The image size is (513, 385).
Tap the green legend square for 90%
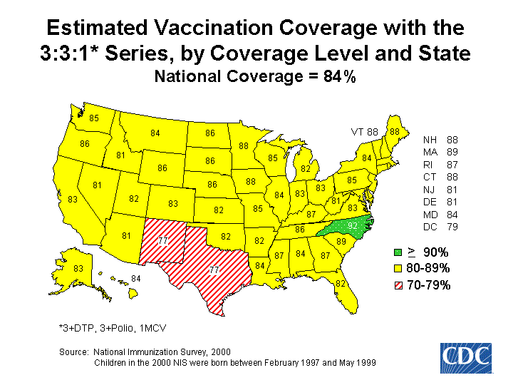[x=399, y=252]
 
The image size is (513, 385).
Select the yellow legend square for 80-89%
[x=399, y=269]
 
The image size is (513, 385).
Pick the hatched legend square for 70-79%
[x=399, y=285]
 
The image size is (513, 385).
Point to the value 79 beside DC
[x=452, y=227]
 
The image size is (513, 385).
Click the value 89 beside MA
[x=452, y=152]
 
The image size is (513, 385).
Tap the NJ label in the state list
[x=430, y=190]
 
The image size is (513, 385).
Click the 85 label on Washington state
[x=93, y=118]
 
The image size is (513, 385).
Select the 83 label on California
[x=73, y=200]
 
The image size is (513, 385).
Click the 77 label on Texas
[x=214, y=270]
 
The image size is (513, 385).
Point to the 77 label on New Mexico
[x=162, y=241]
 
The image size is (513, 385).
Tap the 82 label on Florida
[x=341, y=284]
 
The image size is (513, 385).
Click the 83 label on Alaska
[x=78, y=268]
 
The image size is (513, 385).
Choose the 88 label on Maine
[x=394, y=132]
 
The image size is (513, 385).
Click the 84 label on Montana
[x=155, y=133]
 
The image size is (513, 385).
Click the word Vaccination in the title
[x=201, y=29]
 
